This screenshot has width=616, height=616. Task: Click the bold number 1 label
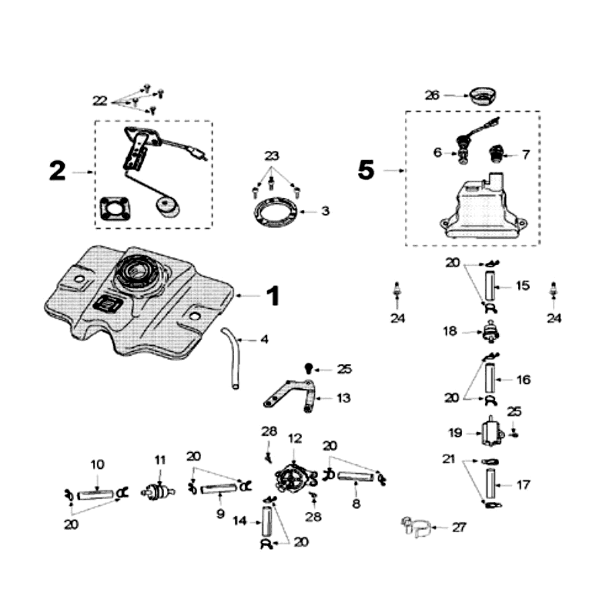[273, 296]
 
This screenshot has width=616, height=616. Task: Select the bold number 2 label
[57, 171]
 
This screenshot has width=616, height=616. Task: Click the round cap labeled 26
[484, 96]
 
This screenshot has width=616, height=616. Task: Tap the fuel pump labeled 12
[293, 477]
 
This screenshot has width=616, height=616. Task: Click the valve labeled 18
[490, 333]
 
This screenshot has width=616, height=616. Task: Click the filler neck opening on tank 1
[136, 273]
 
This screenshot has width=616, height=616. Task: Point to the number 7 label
[525, 154]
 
